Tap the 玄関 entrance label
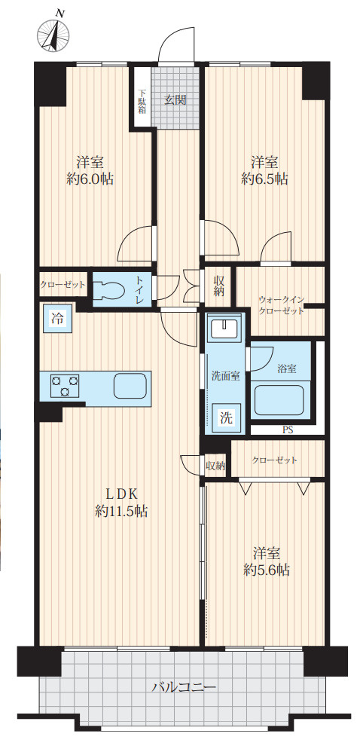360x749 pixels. click(x=175, y=100)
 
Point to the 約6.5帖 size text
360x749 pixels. click(x=264, y=179)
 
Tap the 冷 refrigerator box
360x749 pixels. click(x=57, y=318)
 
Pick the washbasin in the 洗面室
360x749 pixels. click(x=224, y=329)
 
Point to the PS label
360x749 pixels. click(x=288, y=431)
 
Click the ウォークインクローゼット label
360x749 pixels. click(x=281, y=304)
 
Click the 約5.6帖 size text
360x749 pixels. click(x=266, y=570)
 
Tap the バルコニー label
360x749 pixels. click(x=185, y=687)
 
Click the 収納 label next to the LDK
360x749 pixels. click(x=215, y=466)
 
